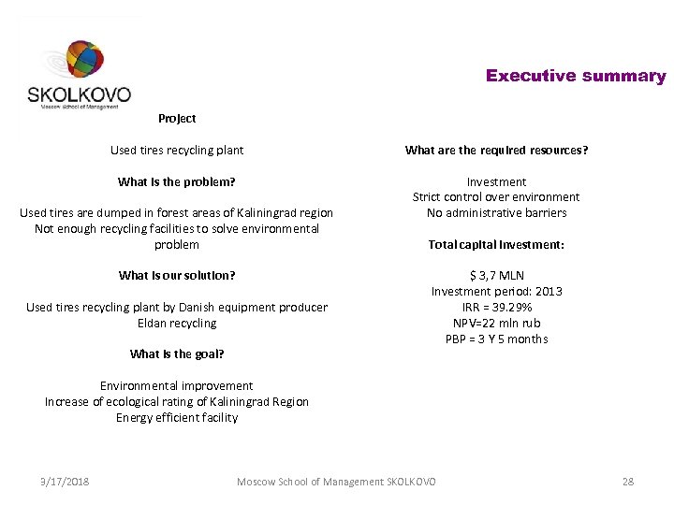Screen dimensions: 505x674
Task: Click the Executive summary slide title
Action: [575, 77]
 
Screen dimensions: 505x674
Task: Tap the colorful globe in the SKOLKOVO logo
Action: [82, 62]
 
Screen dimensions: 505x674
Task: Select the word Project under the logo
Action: [177, 119]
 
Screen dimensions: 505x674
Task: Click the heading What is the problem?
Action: [177, 181]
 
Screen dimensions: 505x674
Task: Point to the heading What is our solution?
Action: [177, 275]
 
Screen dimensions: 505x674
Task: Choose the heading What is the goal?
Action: [177, 353]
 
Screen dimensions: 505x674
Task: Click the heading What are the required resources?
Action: [496, 150]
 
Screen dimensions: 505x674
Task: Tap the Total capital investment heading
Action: [496, 244]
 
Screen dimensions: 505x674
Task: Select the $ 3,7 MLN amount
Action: [496, 276]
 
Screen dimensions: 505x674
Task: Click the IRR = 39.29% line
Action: [496, 307]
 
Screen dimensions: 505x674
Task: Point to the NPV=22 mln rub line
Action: [496, 323]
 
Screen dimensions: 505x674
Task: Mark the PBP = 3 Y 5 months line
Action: [496, 339]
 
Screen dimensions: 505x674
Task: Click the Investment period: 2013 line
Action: [496, 291]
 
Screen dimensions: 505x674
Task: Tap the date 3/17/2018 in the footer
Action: [65, 482]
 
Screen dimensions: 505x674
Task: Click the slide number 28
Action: [627, 482]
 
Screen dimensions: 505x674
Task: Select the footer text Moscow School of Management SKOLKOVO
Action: [336, 482]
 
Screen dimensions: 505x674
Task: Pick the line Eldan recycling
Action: [177, 323]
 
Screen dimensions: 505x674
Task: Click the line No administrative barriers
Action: [496, 212]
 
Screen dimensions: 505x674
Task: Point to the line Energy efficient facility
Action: [177, 417]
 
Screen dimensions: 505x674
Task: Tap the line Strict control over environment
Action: [496, 196]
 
